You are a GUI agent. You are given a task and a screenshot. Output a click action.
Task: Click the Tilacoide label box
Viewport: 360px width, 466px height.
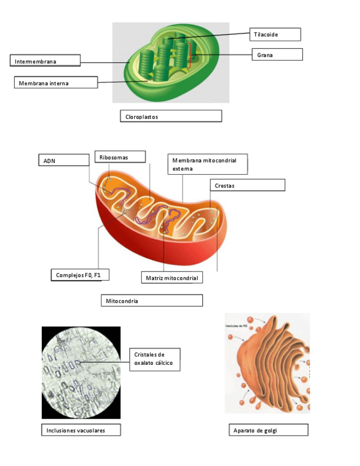pos(275,35)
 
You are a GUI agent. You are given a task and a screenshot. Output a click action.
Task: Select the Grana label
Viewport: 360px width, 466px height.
pos(277,54)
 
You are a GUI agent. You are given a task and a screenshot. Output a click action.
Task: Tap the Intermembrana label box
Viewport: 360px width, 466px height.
pos(45,60)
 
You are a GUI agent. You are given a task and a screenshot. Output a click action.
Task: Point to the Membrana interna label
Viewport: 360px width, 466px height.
pos(56,83)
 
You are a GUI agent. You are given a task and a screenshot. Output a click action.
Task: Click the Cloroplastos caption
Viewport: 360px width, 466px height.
pos(170,116)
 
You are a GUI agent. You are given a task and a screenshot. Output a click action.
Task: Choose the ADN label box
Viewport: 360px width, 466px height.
pos(63,160)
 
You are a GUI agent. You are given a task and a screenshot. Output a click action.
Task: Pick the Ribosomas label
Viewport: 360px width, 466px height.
pos(120,157)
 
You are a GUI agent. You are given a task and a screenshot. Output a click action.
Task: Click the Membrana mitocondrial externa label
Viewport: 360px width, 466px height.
pos(207,164)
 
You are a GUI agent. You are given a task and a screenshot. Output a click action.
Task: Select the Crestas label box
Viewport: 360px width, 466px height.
pos(247,185)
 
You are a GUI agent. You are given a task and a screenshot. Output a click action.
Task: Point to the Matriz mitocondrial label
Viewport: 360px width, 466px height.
pos(171,278)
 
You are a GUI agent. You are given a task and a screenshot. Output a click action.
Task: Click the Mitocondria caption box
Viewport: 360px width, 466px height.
pos(152,301)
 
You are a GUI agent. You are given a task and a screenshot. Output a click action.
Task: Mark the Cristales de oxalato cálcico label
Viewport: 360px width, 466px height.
pos(154,359)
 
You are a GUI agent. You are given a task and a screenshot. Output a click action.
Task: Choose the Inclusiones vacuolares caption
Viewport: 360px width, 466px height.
pos(81,430)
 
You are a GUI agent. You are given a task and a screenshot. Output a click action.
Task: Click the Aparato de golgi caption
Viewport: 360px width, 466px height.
pos(268,430)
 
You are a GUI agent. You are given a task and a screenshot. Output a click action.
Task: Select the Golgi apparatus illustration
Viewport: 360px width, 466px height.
pos(267,363)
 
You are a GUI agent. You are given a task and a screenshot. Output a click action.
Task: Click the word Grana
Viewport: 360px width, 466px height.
pos(265,55)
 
